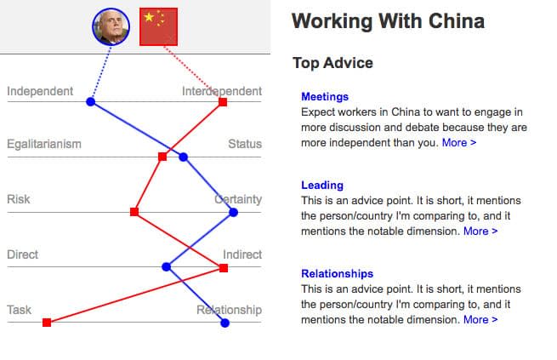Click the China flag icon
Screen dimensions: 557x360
pyautogui.click(x=158, y=26)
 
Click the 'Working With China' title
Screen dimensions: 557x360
pyautogui.click(x=388, y=21)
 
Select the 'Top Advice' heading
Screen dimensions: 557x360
pyautogui.click(x=332, y=63)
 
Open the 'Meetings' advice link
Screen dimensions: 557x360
pyautogui.click(x=325, y=97)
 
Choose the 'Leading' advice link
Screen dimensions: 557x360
pyautogui.click(x=322, y=185)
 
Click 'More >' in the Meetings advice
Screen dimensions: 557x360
pyautogui.click(x=459, y=143)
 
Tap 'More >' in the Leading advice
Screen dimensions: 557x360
pyautogui.click(x=480, y=231)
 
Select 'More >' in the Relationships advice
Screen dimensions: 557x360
pyautogui.click(x=480, y=320)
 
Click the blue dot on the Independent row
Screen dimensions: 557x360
pyautogui.click(x=90, y=102)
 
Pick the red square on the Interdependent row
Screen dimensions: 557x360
pyautogui.click(x=223, y=102)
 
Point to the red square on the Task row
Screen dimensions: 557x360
pyautogui.click(x=47, y=322)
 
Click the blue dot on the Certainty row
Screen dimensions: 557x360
pyautogui.click(x=233, y=212)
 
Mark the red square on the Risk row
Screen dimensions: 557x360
pyautogui.click(x=134, y=212)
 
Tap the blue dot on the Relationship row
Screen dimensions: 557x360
pyautogui.click(x=225, y=323)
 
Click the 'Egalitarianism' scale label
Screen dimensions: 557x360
pyautogui.click(x=44, y=144)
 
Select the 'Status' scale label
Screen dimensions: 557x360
pyautogui.click(x=245, y=144)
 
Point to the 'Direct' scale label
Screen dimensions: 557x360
pyautogui.click(x=23, y=254)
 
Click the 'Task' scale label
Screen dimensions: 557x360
pyautogui.click(x=20, y=310)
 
